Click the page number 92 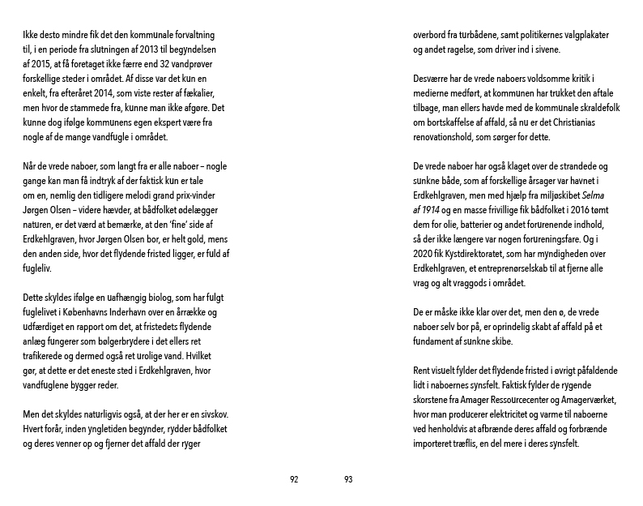pos(294,479)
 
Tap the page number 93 pos(348,479)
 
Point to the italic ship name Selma pos(595,195)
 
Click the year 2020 pos(426,252)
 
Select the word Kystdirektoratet pos(479,252)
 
